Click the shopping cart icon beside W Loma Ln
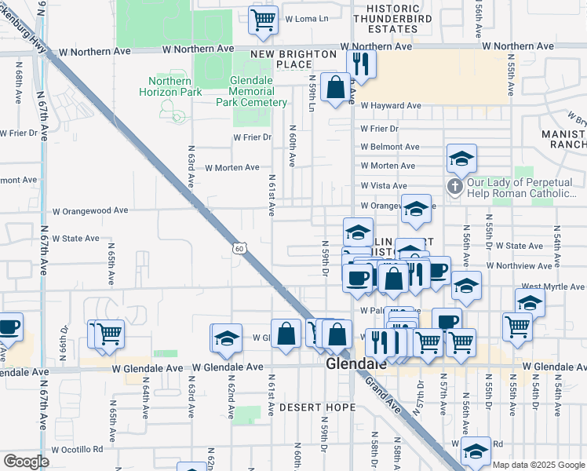264,20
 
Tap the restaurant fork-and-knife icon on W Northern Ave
360,64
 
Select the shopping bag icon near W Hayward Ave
336,87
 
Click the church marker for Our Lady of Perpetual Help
454,187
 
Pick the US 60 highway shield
239,249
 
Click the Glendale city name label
356,366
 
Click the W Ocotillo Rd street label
77,449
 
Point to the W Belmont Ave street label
390,147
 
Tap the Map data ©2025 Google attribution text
538,464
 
